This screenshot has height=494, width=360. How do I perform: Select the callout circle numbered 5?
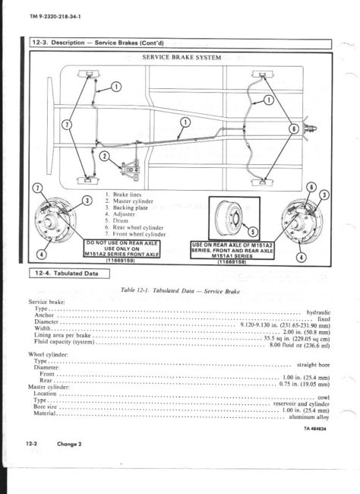pos(253,233)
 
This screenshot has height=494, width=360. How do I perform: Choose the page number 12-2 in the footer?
pos(30,443)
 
